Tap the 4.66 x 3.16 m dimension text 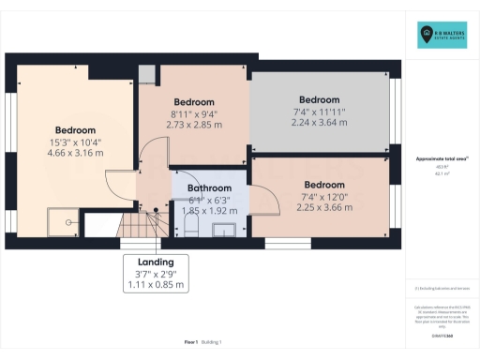pos(75,153)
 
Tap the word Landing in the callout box pos(157,261)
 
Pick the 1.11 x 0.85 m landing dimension pos(157,283)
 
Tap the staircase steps pos(141,225)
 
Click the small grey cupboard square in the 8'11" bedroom pos(146,76)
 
